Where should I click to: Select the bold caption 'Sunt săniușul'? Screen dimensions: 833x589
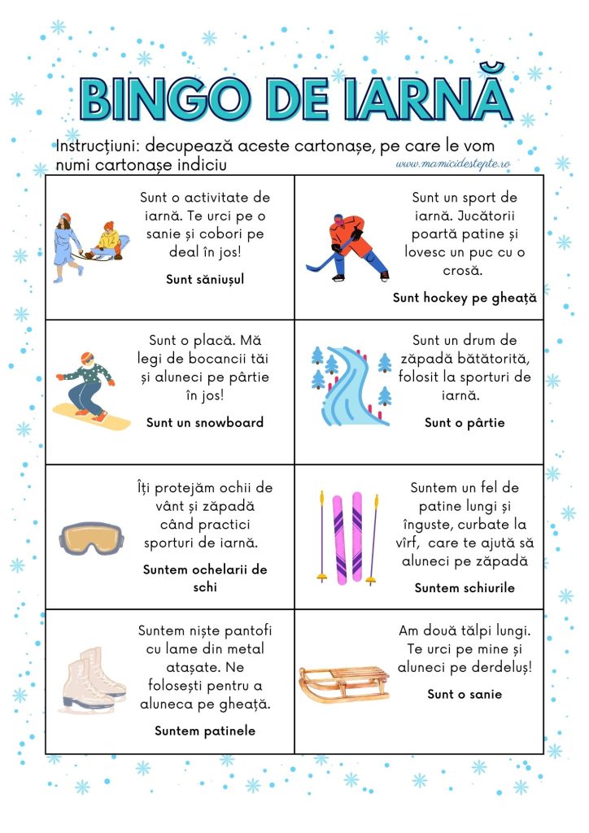(205, 279)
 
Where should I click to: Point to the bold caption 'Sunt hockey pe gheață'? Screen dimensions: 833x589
(465, 298)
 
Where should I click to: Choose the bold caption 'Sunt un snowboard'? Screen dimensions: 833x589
(205, 422)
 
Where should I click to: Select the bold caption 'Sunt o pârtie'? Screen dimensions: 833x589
(465, 422)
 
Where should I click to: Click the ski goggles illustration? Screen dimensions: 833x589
(91, 538)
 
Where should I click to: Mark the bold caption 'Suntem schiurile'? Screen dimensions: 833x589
(465, 587)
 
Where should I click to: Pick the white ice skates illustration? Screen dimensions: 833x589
(91, 680)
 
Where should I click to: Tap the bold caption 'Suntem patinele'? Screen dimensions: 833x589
(205, 731)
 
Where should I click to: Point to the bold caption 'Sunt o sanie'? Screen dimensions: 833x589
(465, 694)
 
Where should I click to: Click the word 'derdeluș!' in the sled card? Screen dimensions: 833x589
(498, 667)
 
